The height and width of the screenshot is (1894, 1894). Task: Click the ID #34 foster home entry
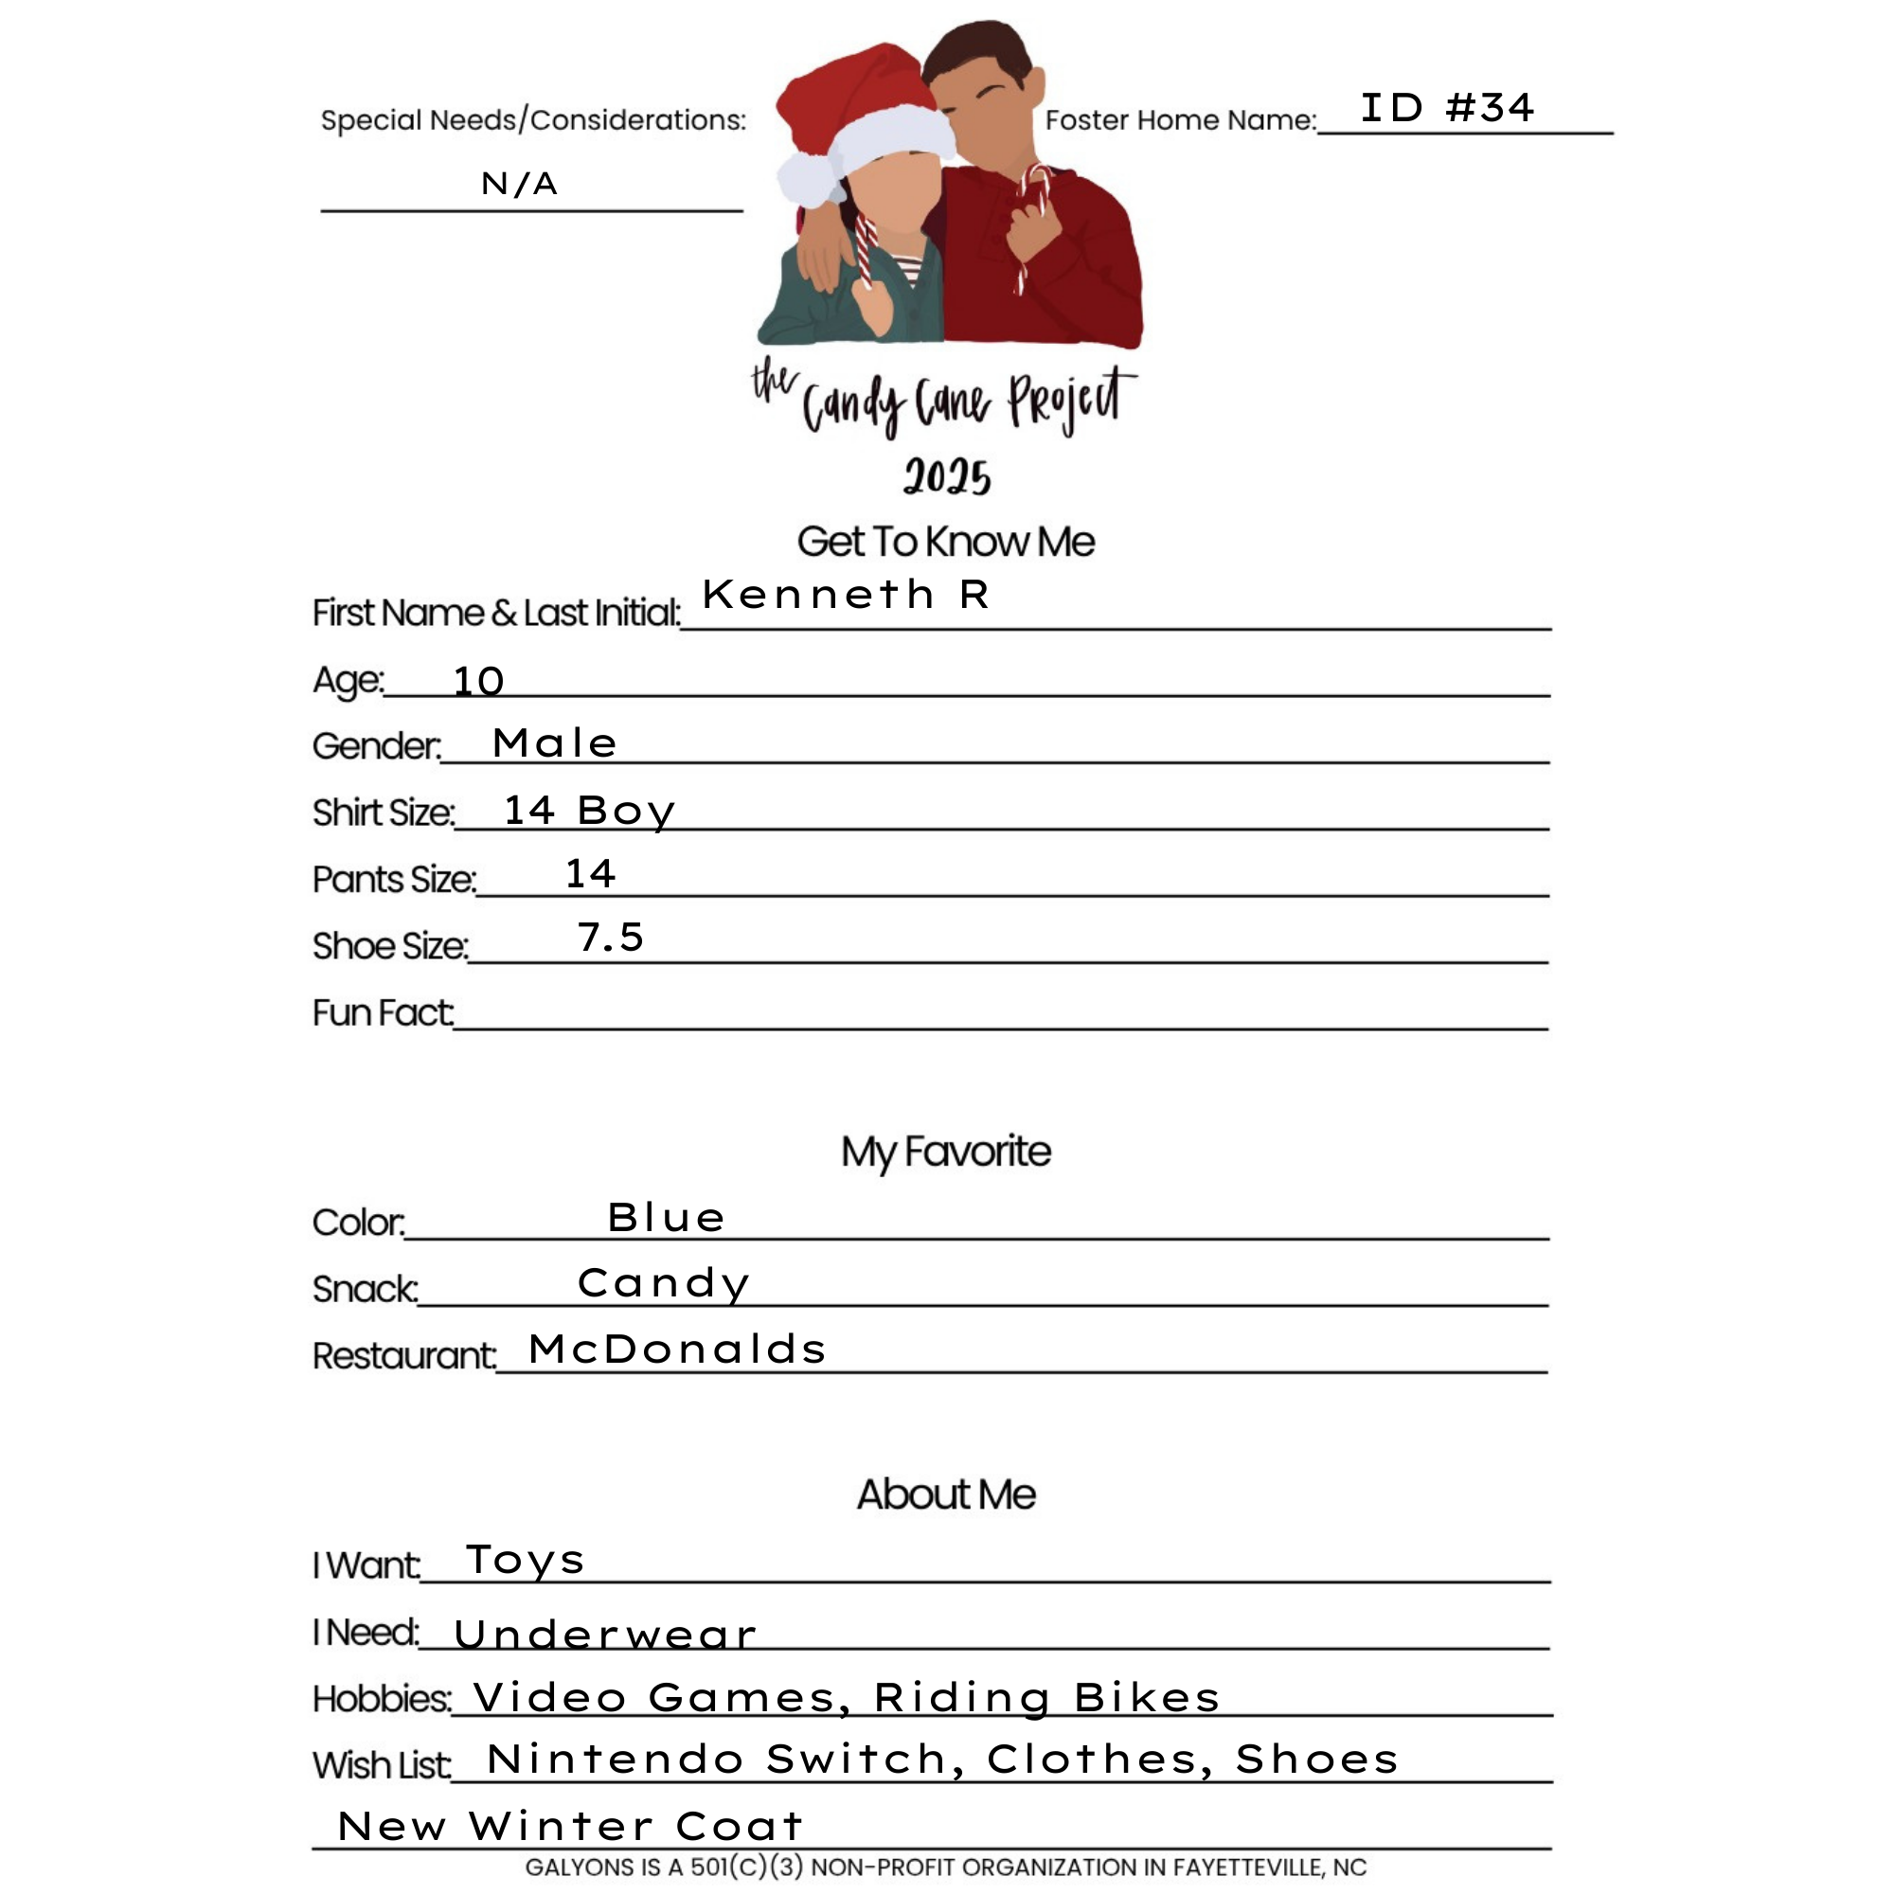pyautogui.click(x=1446, y=108)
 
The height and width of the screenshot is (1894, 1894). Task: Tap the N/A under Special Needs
pyautogui.click(x=519, y=184)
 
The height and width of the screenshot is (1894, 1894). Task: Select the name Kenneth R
pyautogui.click(x=845, y=594)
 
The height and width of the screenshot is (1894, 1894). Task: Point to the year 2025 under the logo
pyautogui.click(x=947, y=477)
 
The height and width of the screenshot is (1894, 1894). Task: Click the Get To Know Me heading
pyautogui.click(x=946, y=542)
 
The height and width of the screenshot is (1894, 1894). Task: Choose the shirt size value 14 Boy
pyautogui.click(x=589, y=811)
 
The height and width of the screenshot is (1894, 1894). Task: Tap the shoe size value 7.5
pyautogui.click(x=610, y=938)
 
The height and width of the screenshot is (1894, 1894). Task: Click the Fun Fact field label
pyautogui.click(x=383, y=1012)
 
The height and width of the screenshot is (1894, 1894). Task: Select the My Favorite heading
pyautogui.click(x=946, y=1151)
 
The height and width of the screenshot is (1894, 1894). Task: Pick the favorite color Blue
pyautogui.click(x=667, y=1218)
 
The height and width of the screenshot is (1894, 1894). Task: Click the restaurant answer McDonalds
pyautogui.click(x=677, y=1349)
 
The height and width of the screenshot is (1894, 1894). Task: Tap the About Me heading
pyautogui.click(x=946, y=1494)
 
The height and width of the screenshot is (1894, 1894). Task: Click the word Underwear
pyautogui.click(x=605, y=1635)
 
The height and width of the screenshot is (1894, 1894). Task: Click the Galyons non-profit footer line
pyautogui.click(x=946, y=1867)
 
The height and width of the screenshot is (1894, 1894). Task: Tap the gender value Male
pyautogui.click(x=555, y=743)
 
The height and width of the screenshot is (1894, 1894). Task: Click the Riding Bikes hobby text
pyautogui.click(x=1047, y=1697)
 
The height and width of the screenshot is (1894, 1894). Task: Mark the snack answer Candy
pyautogui.click(x=664, y=1283)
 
